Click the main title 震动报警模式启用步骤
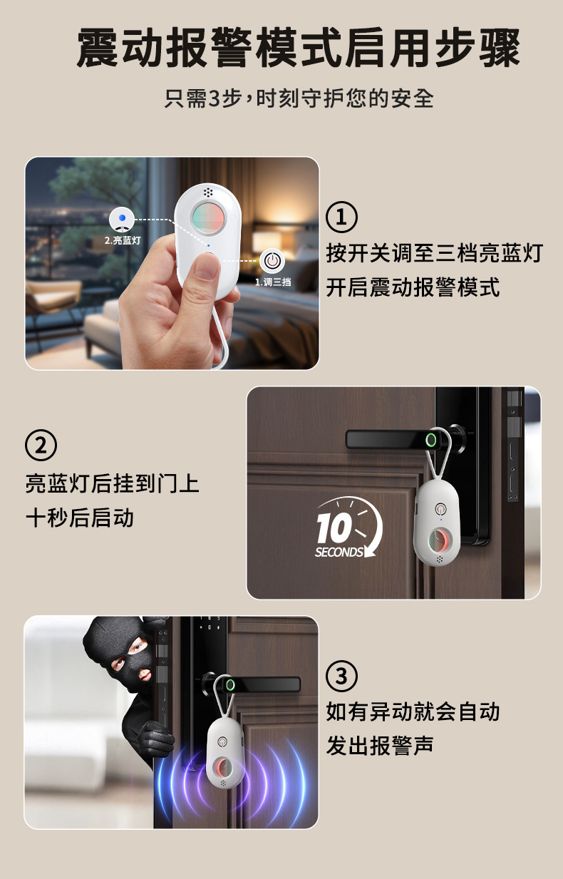pyautogui.click(x=298, y=48)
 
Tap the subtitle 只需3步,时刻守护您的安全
pyautogui.click(x=299, y=98)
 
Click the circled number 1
pyautogui.click(x=341, y=217)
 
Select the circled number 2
pyautogui.click(x=41, y=446)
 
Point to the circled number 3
pyautogui.click(x=341, y=675)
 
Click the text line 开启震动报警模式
pyautogui.click(x=413, y=287)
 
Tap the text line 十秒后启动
pyautogui.click(x=80, y=518)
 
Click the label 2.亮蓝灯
pyautogui.click(x=122, y=240)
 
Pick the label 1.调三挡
pyautogui.click(x=272, y=282)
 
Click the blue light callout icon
pyautogui.click(x=123, y=218)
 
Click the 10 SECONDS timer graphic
pyautogui.click(x=348, y=528)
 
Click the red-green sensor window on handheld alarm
pyautogui.click(x=208, y=216)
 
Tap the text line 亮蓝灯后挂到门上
pyautogui.click(x=113, y=483)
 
